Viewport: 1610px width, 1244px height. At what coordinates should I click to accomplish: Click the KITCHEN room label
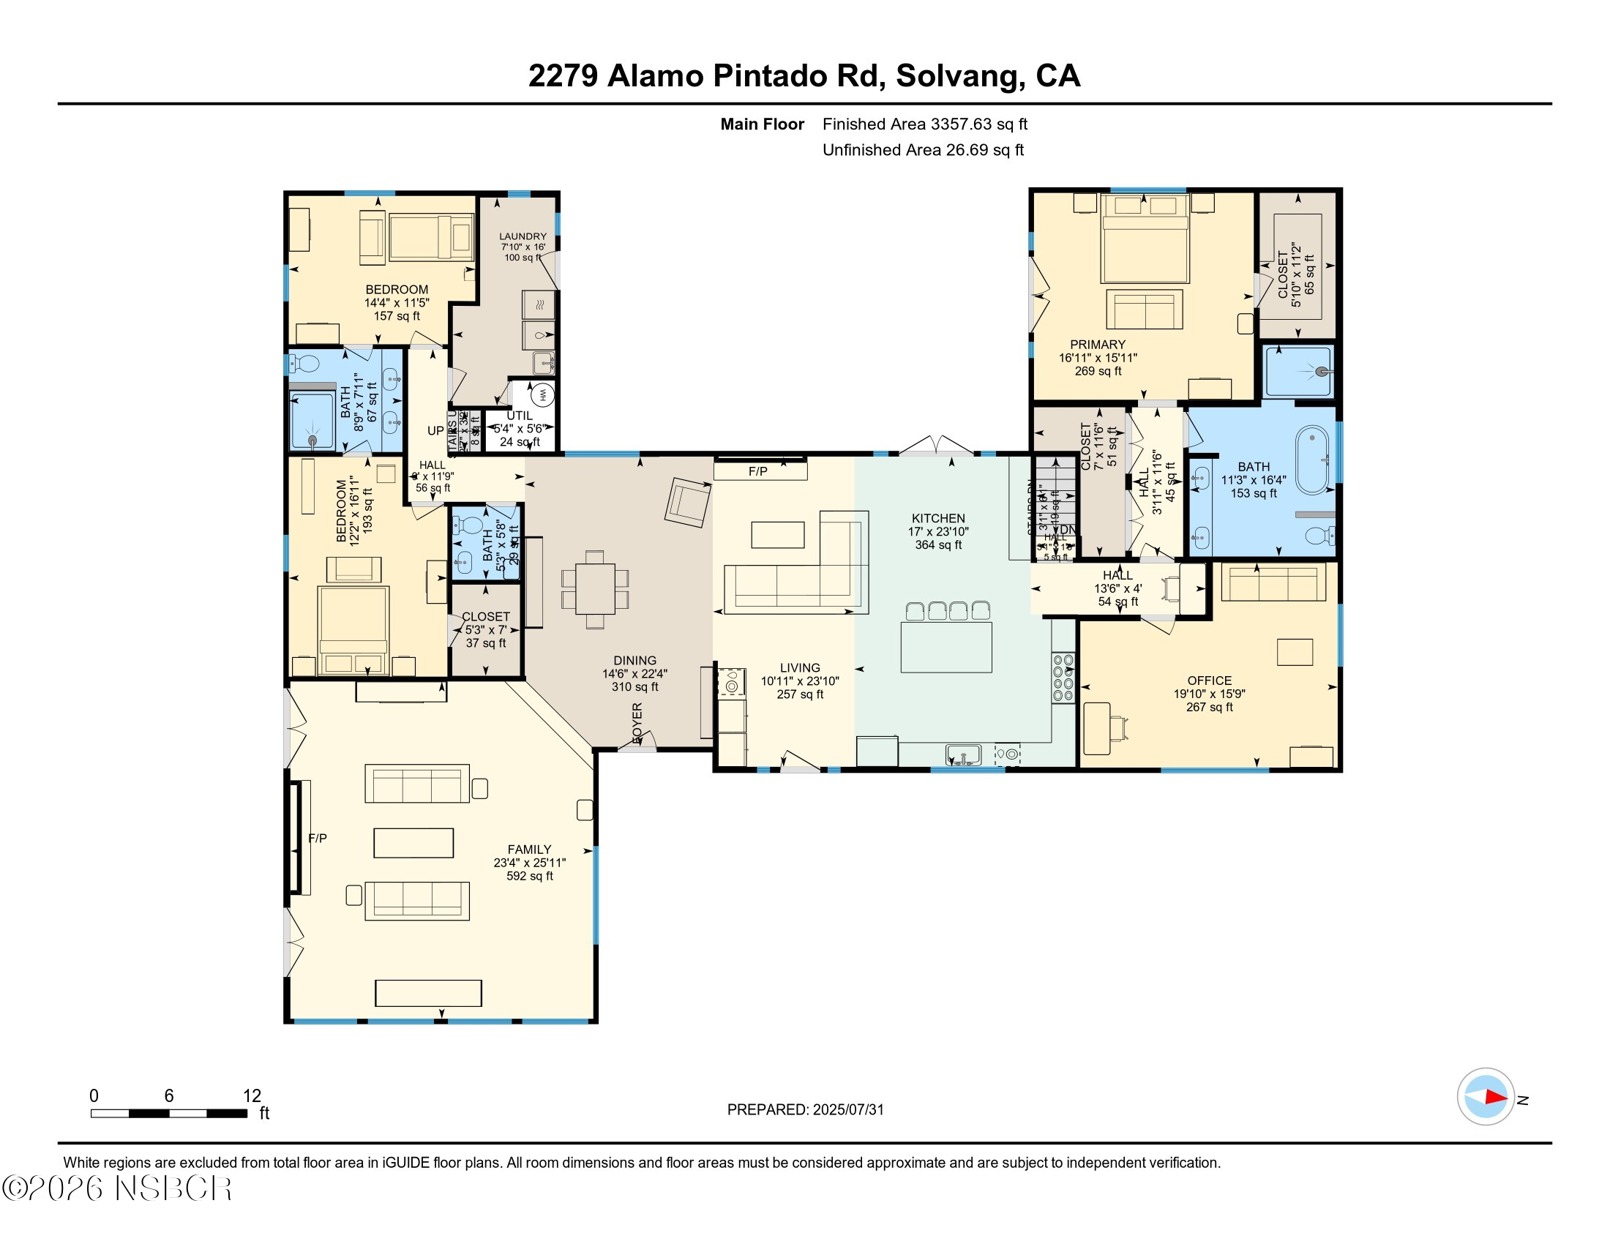point(937,518)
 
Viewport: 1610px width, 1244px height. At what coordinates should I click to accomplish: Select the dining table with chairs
point(595,589)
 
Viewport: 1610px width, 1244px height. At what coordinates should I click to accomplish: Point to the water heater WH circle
point(542,394)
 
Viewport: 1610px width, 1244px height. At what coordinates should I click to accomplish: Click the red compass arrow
point(1495,1097)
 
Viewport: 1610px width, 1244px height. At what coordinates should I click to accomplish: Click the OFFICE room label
point(1209,681)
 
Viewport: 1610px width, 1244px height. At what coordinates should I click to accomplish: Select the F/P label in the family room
point(318,838)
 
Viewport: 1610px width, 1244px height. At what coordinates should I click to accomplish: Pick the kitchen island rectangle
point(946,647)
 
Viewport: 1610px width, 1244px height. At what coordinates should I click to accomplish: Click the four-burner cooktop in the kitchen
point(1063,678)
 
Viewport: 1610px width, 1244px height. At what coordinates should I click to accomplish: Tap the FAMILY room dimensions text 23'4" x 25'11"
point(529,862)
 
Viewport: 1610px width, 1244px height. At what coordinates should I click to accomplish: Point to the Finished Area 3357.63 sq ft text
point(924,124)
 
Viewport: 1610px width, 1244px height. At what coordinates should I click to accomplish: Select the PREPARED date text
point(805,1109)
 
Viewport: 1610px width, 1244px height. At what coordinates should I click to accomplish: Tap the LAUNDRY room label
point(523,236)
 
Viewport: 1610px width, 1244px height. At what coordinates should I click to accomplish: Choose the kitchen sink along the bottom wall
point(964,755)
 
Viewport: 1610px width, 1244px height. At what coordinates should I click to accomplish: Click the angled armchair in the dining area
point(688,502)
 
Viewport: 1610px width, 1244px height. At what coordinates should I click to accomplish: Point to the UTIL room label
point(519,416)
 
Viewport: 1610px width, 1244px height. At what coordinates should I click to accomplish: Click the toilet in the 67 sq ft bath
point(304,362)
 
